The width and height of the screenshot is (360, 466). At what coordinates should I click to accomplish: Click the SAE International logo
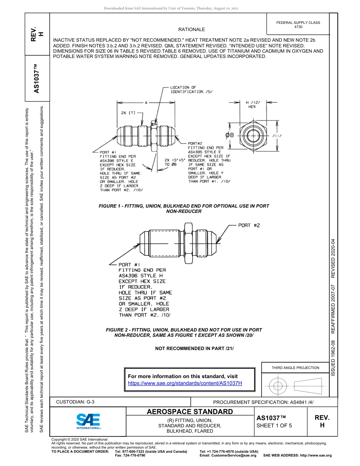coord(88,421)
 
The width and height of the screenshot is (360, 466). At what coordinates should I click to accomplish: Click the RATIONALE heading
coord(191,30)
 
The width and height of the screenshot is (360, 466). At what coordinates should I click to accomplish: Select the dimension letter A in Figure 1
coord(146,103)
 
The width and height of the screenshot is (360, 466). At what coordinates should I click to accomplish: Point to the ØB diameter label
coord(230,135)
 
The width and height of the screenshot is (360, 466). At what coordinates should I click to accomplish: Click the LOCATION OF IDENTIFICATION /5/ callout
coord(191,89)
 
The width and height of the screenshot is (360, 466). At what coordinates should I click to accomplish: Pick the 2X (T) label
coord(128,113)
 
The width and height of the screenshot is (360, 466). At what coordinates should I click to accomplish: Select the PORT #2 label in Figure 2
coord(249,225)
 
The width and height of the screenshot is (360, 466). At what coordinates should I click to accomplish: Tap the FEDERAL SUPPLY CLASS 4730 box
coord(298,25)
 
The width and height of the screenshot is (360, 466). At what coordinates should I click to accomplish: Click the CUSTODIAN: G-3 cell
coord(75,402)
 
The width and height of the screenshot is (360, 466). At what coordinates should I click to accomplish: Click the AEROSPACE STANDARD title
coord(190,412)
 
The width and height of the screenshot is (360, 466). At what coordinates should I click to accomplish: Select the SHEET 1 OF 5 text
coord(274,425)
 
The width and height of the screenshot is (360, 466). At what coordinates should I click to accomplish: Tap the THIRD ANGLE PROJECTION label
coord(295,367)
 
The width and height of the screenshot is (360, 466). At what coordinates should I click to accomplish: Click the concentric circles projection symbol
coord(278,386)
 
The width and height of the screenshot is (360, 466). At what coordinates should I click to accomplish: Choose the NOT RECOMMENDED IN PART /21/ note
coord(194,348)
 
